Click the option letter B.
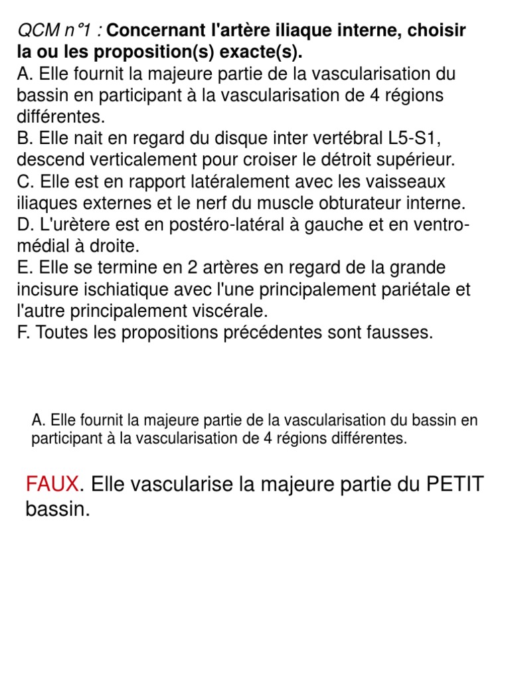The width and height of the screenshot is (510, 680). [23, 138]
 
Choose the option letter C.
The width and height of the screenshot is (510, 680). [24, 181]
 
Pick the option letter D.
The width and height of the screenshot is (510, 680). [24, 224]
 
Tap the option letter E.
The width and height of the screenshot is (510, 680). [23, 268]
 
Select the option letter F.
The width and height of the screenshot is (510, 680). [23, 332]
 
